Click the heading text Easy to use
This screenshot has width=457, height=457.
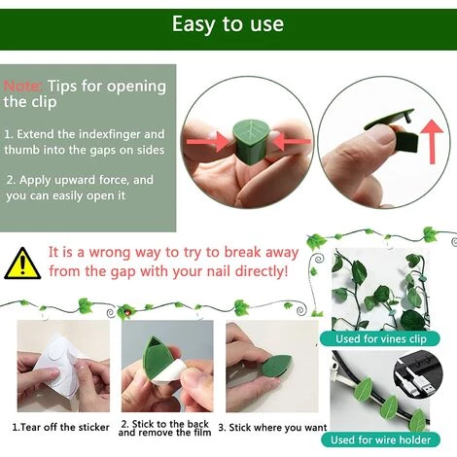coord(228,23)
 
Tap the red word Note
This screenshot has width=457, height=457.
coord(22,87)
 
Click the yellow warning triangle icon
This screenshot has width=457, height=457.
coord(22,264)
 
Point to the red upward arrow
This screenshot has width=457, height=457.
coord(432,142)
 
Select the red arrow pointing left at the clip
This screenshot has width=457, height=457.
coord(292,141)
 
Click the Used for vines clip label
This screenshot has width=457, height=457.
coord(380,339)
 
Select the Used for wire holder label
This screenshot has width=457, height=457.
coord(380,439)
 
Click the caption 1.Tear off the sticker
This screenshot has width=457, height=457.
coord(60,427)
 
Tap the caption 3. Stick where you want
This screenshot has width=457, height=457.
coord(272,428)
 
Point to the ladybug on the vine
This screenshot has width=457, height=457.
coord(127,313)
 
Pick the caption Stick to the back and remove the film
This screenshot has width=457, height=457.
coord(164,428)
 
